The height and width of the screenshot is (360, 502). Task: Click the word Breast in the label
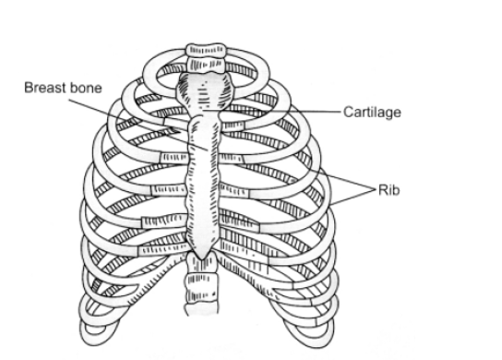tap(44, 88)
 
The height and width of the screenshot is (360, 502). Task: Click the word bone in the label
tap(85, 88)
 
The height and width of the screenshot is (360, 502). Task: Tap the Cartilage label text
tap(372, 112)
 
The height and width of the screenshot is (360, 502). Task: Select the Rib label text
tap(389, 190)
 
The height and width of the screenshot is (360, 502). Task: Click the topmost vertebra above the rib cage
tap(205, 50)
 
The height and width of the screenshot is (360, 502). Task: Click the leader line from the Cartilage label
tap(271, 111)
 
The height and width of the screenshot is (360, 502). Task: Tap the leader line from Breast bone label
tap(138, 125)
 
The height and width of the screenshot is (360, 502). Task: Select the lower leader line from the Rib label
tap(353, 198)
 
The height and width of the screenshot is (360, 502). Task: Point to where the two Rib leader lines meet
tap(376, 190)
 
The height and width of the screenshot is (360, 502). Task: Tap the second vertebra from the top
tap(205, 65)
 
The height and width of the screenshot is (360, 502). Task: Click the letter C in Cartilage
tap(348, 112)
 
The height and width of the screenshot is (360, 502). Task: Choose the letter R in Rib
tap(383, 190)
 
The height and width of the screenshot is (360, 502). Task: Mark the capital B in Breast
tap(29, 88)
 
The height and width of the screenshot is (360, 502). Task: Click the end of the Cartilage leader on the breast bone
tap(203, 111)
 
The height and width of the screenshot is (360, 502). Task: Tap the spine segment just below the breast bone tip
tap(202, 263)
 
